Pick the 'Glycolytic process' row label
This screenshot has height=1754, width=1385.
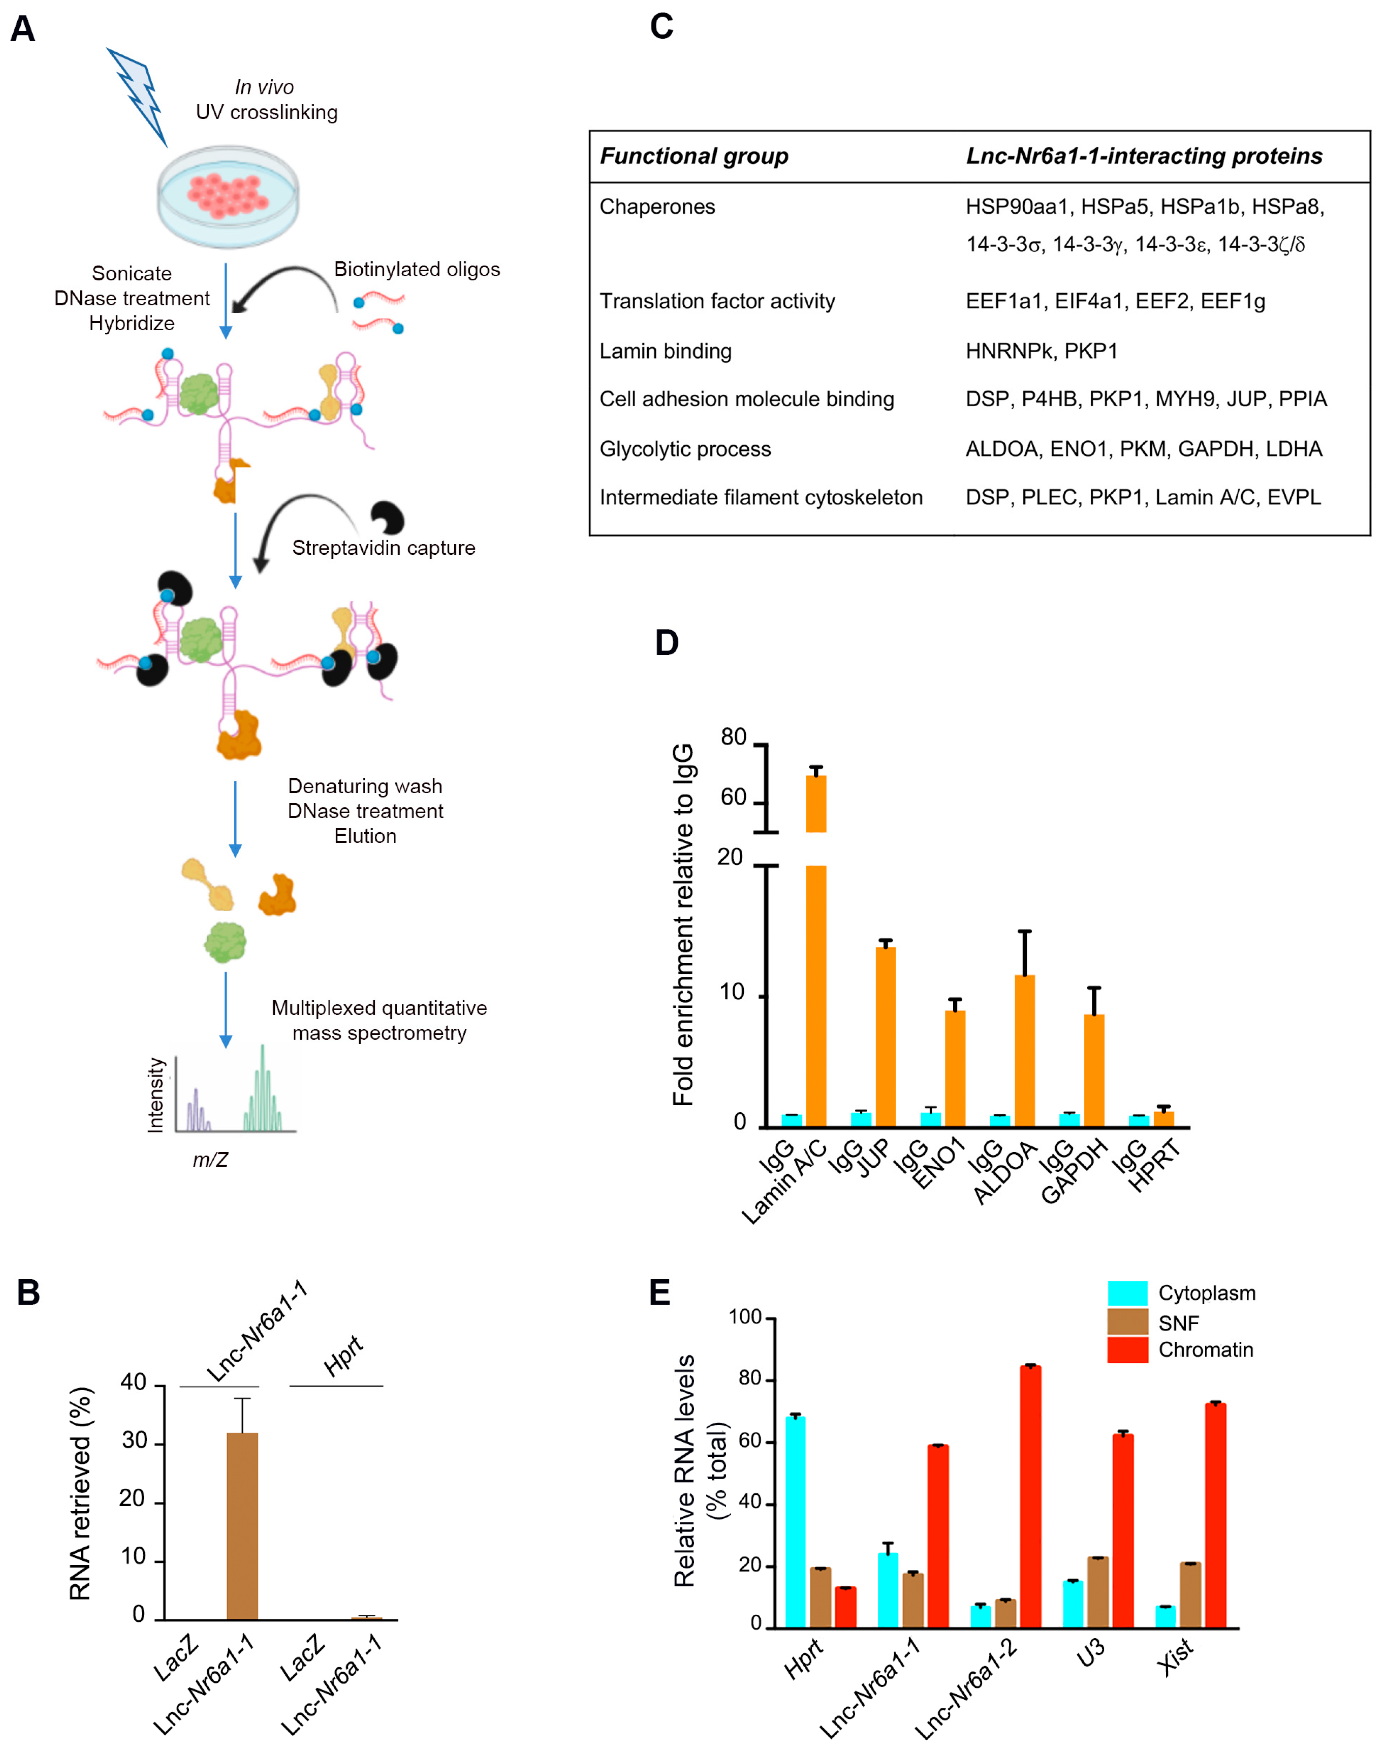(x=685, y=449)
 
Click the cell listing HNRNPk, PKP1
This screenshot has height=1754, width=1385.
(x=1041, y=351)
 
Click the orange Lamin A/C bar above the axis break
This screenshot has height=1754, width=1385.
(x=816, y=803)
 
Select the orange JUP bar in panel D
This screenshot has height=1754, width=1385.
(x=885, y=1036)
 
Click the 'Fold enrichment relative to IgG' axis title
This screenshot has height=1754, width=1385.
(x=683, y=925)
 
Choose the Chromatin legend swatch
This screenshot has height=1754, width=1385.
(x=1127, y=1350)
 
